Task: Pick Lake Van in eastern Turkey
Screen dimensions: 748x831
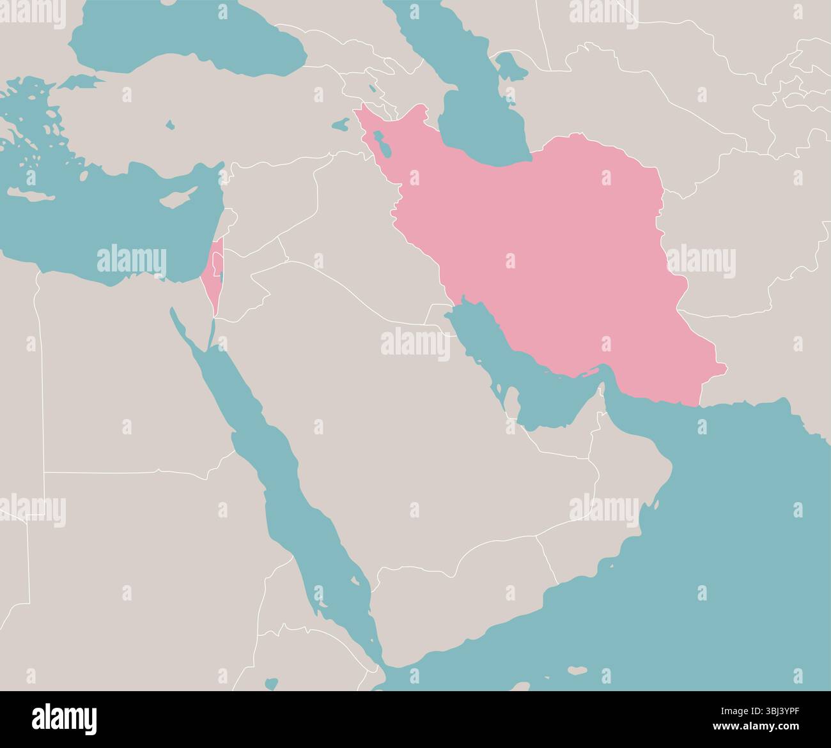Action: (x=341, y=123)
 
